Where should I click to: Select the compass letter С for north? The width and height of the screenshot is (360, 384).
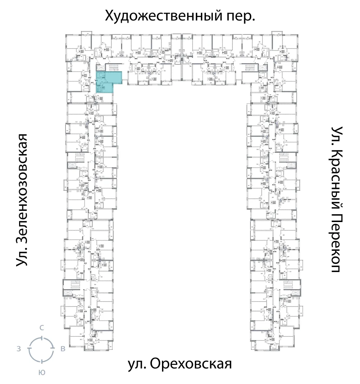click(42, 327)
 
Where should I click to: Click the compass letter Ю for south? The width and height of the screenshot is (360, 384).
click(42, 372)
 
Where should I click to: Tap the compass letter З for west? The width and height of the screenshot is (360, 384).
click(18, 349)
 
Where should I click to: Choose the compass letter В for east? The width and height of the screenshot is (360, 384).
click(63, 349)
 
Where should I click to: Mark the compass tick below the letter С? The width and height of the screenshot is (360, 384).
click(42, 338)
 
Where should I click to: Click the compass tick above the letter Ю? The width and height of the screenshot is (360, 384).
click(42, 361)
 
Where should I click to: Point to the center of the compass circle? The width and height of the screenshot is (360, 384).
click(42, 349)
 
